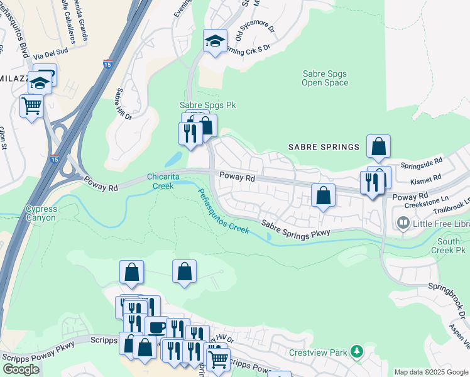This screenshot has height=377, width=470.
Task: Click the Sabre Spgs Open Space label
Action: click(324, 78)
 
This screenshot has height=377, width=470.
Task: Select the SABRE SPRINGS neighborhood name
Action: click(324, 147)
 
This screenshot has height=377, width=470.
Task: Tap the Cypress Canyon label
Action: click(41, 214)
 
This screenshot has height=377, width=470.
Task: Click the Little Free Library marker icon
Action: click(403, 222)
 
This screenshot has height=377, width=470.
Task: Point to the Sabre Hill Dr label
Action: click(123, 104)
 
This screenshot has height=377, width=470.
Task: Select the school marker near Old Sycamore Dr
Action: click(215, 41)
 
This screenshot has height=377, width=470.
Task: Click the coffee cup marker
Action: click(156, 327)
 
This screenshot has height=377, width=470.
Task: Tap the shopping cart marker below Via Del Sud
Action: click(31, 104)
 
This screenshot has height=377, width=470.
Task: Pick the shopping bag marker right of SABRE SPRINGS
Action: click(378, 146)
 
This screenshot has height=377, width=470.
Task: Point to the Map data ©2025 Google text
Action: click(431, 372)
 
